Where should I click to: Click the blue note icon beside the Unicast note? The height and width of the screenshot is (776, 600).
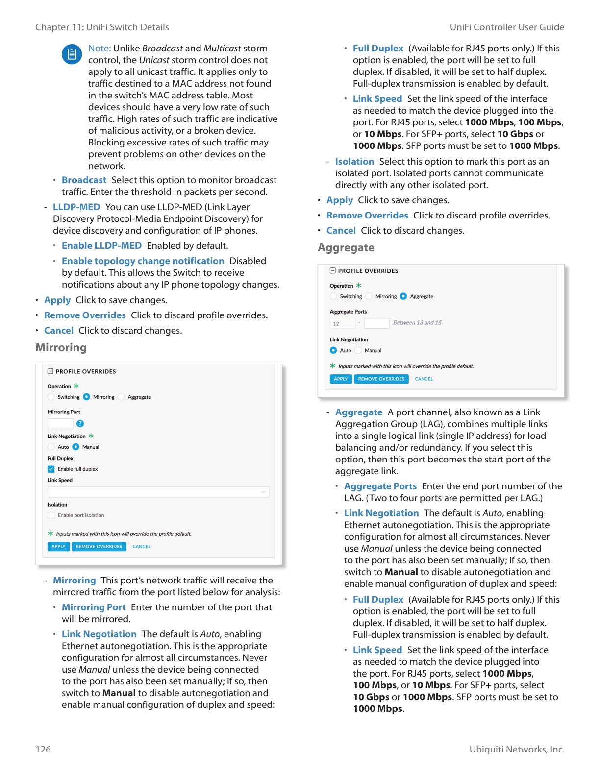point(72,54)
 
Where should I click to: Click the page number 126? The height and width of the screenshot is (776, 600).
point(43,749)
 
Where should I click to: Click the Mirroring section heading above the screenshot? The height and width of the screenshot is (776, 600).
point(61,347)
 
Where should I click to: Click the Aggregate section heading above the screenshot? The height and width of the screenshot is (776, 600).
point(346,247)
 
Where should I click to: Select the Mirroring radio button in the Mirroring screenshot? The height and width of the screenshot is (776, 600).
point(87,397)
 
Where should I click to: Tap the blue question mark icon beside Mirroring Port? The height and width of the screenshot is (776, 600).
point(80,423)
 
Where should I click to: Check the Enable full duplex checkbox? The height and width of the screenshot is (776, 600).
point(51,469)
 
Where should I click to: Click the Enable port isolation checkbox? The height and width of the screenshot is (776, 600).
point(51,515)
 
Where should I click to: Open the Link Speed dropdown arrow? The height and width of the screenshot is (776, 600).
point(263,492)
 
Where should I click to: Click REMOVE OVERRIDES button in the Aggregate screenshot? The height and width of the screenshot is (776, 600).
point(381,379)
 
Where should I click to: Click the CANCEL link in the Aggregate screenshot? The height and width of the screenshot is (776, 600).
point(424,379)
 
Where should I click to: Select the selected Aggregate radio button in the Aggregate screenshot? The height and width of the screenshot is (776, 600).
point(403,296)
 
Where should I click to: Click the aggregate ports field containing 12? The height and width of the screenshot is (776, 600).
point(342,323)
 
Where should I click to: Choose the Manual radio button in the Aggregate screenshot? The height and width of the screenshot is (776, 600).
point(358,350)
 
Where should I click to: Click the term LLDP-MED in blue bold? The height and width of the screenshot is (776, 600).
point(76,207)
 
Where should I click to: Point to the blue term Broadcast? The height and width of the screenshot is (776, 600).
point(84,180)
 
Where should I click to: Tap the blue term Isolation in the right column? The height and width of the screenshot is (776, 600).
point(354,161)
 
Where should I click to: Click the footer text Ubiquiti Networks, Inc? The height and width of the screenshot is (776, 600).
point(517,749)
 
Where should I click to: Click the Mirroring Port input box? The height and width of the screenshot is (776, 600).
point(60,423)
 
